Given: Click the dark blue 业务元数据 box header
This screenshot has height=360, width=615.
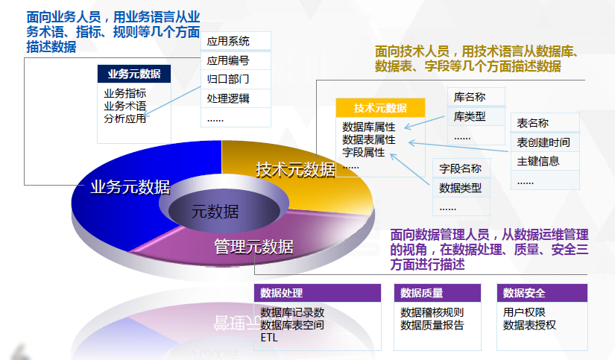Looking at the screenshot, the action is [x=134, y=74].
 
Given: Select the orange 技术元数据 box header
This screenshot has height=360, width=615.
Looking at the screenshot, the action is [x=380, y=108].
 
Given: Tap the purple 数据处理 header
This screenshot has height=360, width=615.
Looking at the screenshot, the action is [x=318, y=293].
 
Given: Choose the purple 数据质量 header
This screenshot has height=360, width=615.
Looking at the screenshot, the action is [x=438, y=293].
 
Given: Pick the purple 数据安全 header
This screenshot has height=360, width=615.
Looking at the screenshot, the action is [x=542, y=293].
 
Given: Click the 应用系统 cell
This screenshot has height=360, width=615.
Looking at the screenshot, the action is [x=236, y=41].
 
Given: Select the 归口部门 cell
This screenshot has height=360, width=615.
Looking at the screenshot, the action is [x=236, y=79].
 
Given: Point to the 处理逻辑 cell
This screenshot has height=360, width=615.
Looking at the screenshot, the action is [x=236, y=98].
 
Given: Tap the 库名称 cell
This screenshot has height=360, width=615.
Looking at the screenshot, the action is [x=476, y=97].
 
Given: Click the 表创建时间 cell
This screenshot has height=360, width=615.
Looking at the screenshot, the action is [x=545, y=142].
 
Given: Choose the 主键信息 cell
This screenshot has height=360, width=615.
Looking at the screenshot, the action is [x=545, y=161].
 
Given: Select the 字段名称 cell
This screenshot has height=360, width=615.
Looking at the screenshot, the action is [x=461, y=168].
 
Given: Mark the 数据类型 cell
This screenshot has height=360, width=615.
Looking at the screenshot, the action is [x=461, y=189].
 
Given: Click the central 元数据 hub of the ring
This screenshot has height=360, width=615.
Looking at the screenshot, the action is [x=215, y=212].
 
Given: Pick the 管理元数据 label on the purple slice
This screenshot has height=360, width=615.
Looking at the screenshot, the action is [x=253, y=247].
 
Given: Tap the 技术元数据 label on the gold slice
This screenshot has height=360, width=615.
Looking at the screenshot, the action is [x=296, y=170].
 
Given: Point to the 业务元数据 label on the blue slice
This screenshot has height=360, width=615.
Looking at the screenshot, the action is [x=130, y=187].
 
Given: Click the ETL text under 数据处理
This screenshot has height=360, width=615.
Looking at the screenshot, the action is [x=269, y=338].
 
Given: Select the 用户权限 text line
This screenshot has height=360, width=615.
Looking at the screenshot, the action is [x=524, y=312].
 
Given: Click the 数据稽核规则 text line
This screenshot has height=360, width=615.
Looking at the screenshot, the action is [x=432, y=312].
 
